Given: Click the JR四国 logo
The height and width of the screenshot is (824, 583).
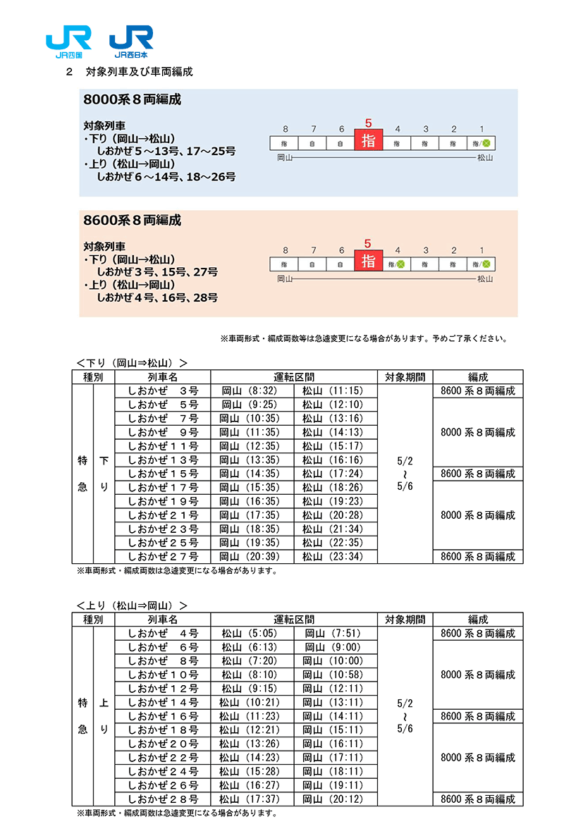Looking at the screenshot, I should click(68, 42).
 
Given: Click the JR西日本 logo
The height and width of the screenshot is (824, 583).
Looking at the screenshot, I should click(132, 42).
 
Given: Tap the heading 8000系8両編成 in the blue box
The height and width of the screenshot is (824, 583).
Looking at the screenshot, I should click(132, 100).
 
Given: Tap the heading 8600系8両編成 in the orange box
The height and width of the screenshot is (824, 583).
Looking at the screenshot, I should click(132, 221).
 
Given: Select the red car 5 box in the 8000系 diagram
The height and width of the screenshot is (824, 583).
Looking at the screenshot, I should click(368, 140).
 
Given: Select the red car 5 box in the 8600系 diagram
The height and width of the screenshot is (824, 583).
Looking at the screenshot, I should click(368, 261).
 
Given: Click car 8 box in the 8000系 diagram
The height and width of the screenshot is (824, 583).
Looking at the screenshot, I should click(285, 143).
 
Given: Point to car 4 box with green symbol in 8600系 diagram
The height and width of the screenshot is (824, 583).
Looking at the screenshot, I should click(396, 264).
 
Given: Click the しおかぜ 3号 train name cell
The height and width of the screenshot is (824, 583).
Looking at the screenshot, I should click(163, 391).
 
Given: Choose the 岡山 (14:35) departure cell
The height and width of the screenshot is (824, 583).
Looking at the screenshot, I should click(251, 474).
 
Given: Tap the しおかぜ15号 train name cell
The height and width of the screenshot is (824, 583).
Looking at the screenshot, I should click(163, 474).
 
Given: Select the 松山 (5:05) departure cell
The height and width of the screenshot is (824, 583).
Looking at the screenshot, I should click(251, 633).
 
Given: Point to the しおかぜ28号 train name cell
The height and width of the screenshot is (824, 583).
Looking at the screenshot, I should click(163, 799).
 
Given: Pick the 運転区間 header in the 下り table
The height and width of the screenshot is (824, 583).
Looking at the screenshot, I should click(294, 377).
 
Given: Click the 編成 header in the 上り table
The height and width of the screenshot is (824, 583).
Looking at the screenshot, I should click(477, 620).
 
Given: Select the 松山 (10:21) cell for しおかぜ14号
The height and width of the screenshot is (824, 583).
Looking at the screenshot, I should click(251, 702).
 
